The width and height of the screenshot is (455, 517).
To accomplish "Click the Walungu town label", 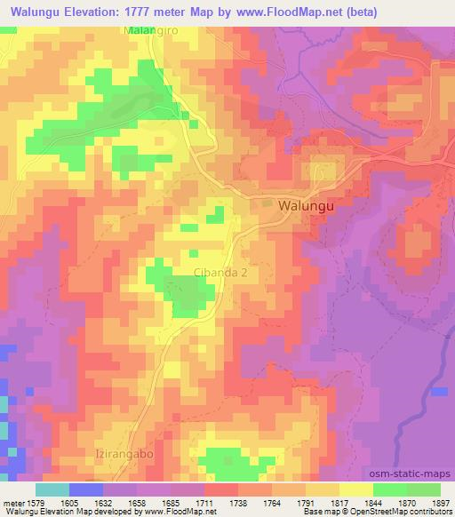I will click(307, 204).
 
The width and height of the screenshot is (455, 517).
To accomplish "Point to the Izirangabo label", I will click(123, 454).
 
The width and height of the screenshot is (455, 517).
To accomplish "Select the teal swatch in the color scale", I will click(52, 489).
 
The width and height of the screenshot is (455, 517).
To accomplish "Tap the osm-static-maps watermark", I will click(417, 473).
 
